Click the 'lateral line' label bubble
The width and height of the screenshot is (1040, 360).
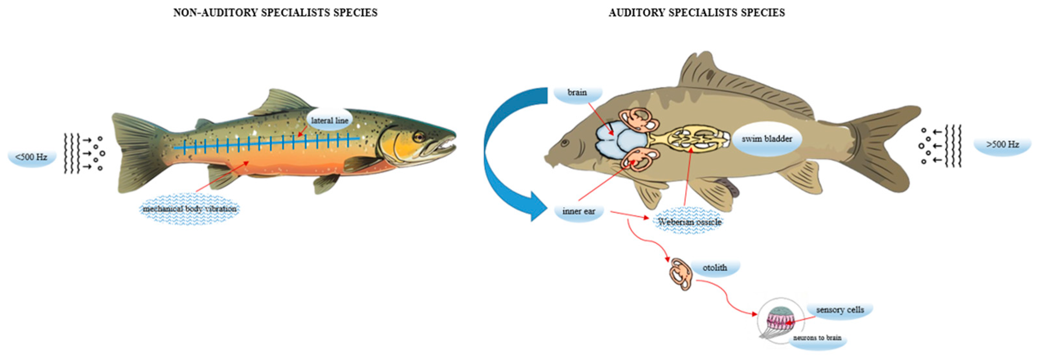329,120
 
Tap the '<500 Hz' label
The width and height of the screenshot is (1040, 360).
31,157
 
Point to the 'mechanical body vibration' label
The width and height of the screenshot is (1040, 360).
189,209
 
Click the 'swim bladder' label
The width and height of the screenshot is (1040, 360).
766,139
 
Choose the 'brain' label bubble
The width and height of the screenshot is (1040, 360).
577,92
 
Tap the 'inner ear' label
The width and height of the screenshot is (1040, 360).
579,211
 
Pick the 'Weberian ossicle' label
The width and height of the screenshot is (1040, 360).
689,221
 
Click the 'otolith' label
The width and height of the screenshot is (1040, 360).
715,268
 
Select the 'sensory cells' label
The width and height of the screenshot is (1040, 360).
840,310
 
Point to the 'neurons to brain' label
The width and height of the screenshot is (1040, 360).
817,337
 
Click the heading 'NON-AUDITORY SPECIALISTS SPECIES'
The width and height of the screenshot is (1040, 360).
275,13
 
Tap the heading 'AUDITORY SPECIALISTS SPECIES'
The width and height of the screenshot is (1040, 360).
696,13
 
